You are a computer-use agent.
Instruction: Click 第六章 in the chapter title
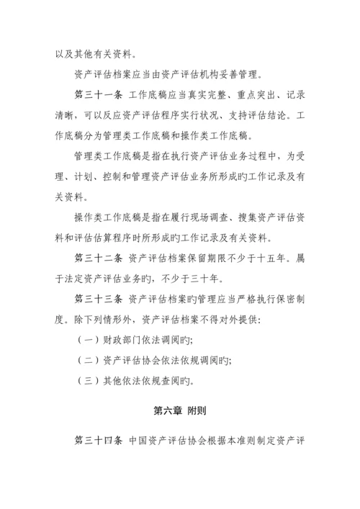(166, 411)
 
